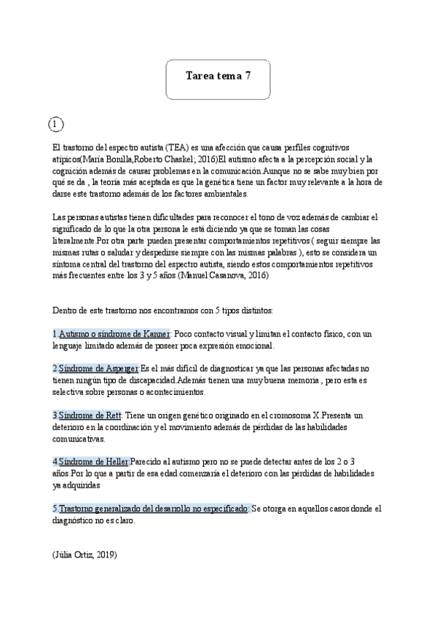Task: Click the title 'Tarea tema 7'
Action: [218, 76]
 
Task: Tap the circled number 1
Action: [56, 125]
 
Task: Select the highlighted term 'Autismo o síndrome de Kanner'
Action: [113, 334]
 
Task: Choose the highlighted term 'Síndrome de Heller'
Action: [93, 462]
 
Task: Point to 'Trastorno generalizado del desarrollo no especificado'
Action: [154, 509]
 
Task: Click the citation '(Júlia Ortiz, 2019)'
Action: [84, 555]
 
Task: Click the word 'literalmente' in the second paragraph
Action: [74, 240]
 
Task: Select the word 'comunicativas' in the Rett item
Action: [79, 439]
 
